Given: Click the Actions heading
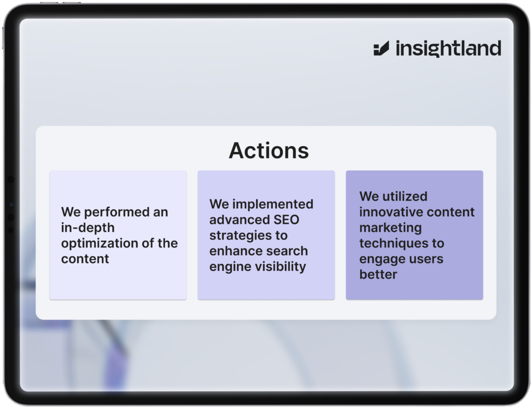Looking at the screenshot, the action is pos(269,150).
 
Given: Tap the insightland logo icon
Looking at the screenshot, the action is pos(381,48).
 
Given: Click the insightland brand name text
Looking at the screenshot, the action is pos(448,48).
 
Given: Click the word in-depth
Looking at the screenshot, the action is pos(87,228).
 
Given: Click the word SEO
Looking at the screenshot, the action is pos(286,220).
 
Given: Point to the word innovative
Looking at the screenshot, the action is pos(390,212).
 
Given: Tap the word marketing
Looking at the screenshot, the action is pos(391,228).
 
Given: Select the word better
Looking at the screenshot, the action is pos(378,274).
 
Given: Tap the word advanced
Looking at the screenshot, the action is pos(240,220).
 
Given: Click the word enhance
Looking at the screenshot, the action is pos(233,251).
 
